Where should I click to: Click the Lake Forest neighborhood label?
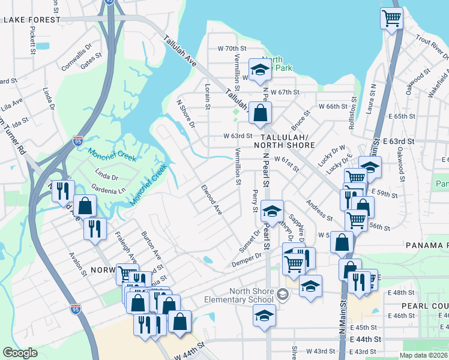pyautogui.click(x=32, y=20)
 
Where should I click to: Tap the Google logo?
pyautogui.click(x=20, y=353)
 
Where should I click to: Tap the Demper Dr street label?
pyautogui.click(x=247, y=259)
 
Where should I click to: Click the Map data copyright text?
pyautogui.click(x=423, y=355)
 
